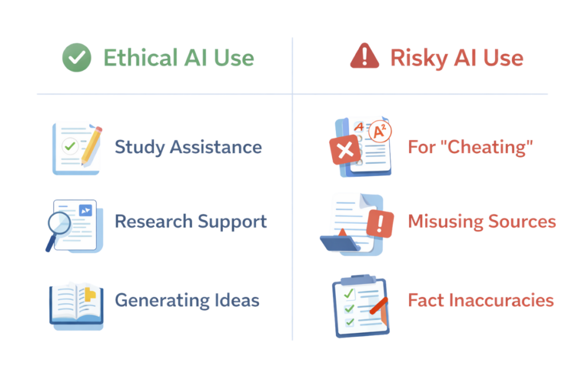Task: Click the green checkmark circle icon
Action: (77, 58)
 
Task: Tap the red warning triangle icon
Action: (364, 57)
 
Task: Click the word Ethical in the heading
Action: (141, 58)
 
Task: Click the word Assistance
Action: (216, 147)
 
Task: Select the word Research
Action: (154, 222)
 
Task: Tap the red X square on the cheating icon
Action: (345, 150)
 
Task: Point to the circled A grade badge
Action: (380, 131)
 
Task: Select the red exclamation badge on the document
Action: (380, 223)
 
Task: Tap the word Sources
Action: (522, 222)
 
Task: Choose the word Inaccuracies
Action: (502, 300)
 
